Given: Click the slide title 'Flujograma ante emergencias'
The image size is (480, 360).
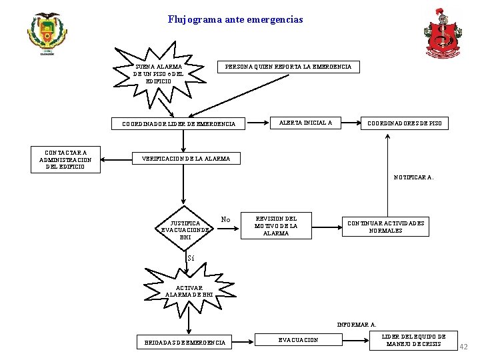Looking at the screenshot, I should click(x=235, y=20).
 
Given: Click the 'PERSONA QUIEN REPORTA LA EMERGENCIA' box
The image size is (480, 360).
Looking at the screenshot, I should click(x=289, y=67).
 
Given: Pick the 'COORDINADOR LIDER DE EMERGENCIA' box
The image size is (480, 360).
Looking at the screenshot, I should click(x=179, y=123).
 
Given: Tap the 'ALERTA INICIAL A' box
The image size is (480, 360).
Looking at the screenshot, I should click(x=305, y=123).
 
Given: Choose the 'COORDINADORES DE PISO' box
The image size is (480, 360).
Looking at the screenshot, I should click(x=405, y=123).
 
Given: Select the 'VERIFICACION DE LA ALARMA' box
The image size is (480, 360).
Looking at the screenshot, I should click(x=187, y=159).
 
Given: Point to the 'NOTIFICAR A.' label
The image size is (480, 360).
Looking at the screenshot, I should click(x=413, y=177).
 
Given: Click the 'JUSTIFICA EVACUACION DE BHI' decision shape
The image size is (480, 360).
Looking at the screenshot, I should click(x=185, y=229).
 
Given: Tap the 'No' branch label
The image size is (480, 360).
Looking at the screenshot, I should click(x=225, y=219).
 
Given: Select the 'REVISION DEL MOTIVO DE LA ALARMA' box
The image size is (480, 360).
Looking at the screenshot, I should click(x=276, y=226).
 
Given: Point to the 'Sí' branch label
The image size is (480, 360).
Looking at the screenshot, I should click(x=191, y=258).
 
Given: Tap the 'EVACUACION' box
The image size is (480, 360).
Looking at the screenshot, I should click(x=298, y=340).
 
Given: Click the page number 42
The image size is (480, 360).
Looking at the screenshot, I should click(x=464, y=347).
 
